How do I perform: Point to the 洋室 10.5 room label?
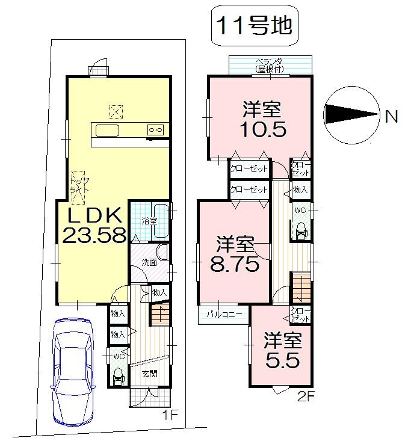click(261, 120)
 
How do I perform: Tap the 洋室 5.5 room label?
click(281, 351)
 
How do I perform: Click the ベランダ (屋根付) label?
click(269, 66)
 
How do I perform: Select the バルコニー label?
click(224, 314)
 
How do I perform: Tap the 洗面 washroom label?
click(149, 262)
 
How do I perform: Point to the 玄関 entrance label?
click(150, 373)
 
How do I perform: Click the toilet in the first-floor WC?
click(118, 377)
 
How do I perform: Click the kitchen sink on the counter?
click(108, 131)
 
